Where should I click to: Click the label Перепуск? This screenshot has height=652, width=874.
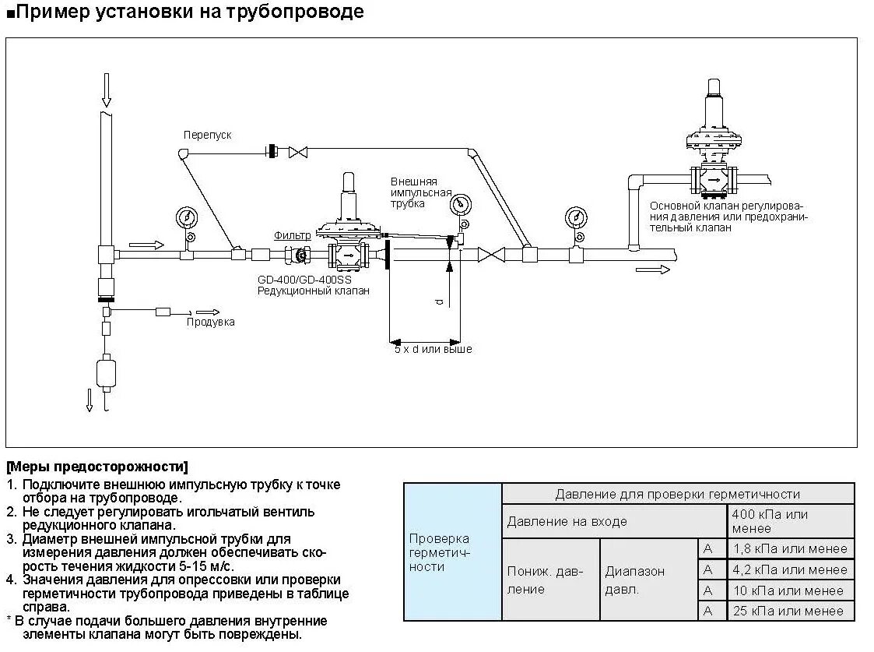(x=207, y=135)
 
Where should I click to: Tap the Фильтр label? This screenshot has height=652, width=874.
(x=292, y=234)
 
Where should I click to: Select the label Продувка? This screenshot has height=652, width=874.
(x=210, y=322)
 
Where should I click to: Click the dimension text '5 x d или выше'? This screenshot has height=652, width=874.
(x=433, y=350)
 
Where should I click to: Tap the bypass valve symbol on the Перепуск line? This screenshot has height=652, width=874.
(x=298, y=152)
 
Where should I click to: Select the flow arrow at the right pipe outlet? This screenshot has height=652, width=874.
(x=652, y=270)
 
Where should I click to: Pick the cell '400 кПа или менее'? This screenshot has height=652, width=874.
(x=791, y=521)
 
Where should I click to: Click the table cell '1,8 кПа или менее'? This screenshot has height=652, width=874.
(x=791, y=548)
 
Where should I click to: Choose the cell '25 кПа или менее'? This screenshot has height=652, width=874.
(x=791, y=611)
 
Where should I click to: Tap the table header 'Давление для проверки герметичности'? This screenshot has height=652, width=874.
(x=677, y=494)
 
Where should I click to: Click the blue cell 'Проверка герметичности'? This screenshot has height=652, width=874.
(x=452, y=552)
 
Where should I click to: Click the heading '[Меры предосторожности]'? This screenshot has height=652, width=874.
(x=97, y=467)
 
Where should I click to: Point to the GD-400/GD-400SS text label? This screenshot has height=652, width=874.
(x=304, y=278)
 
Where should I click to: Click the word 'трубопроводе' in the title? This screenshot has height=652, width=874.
(x=297, y=12)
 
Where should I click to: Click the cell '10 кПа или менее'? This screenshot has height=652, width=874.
(x=791, y=590)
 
